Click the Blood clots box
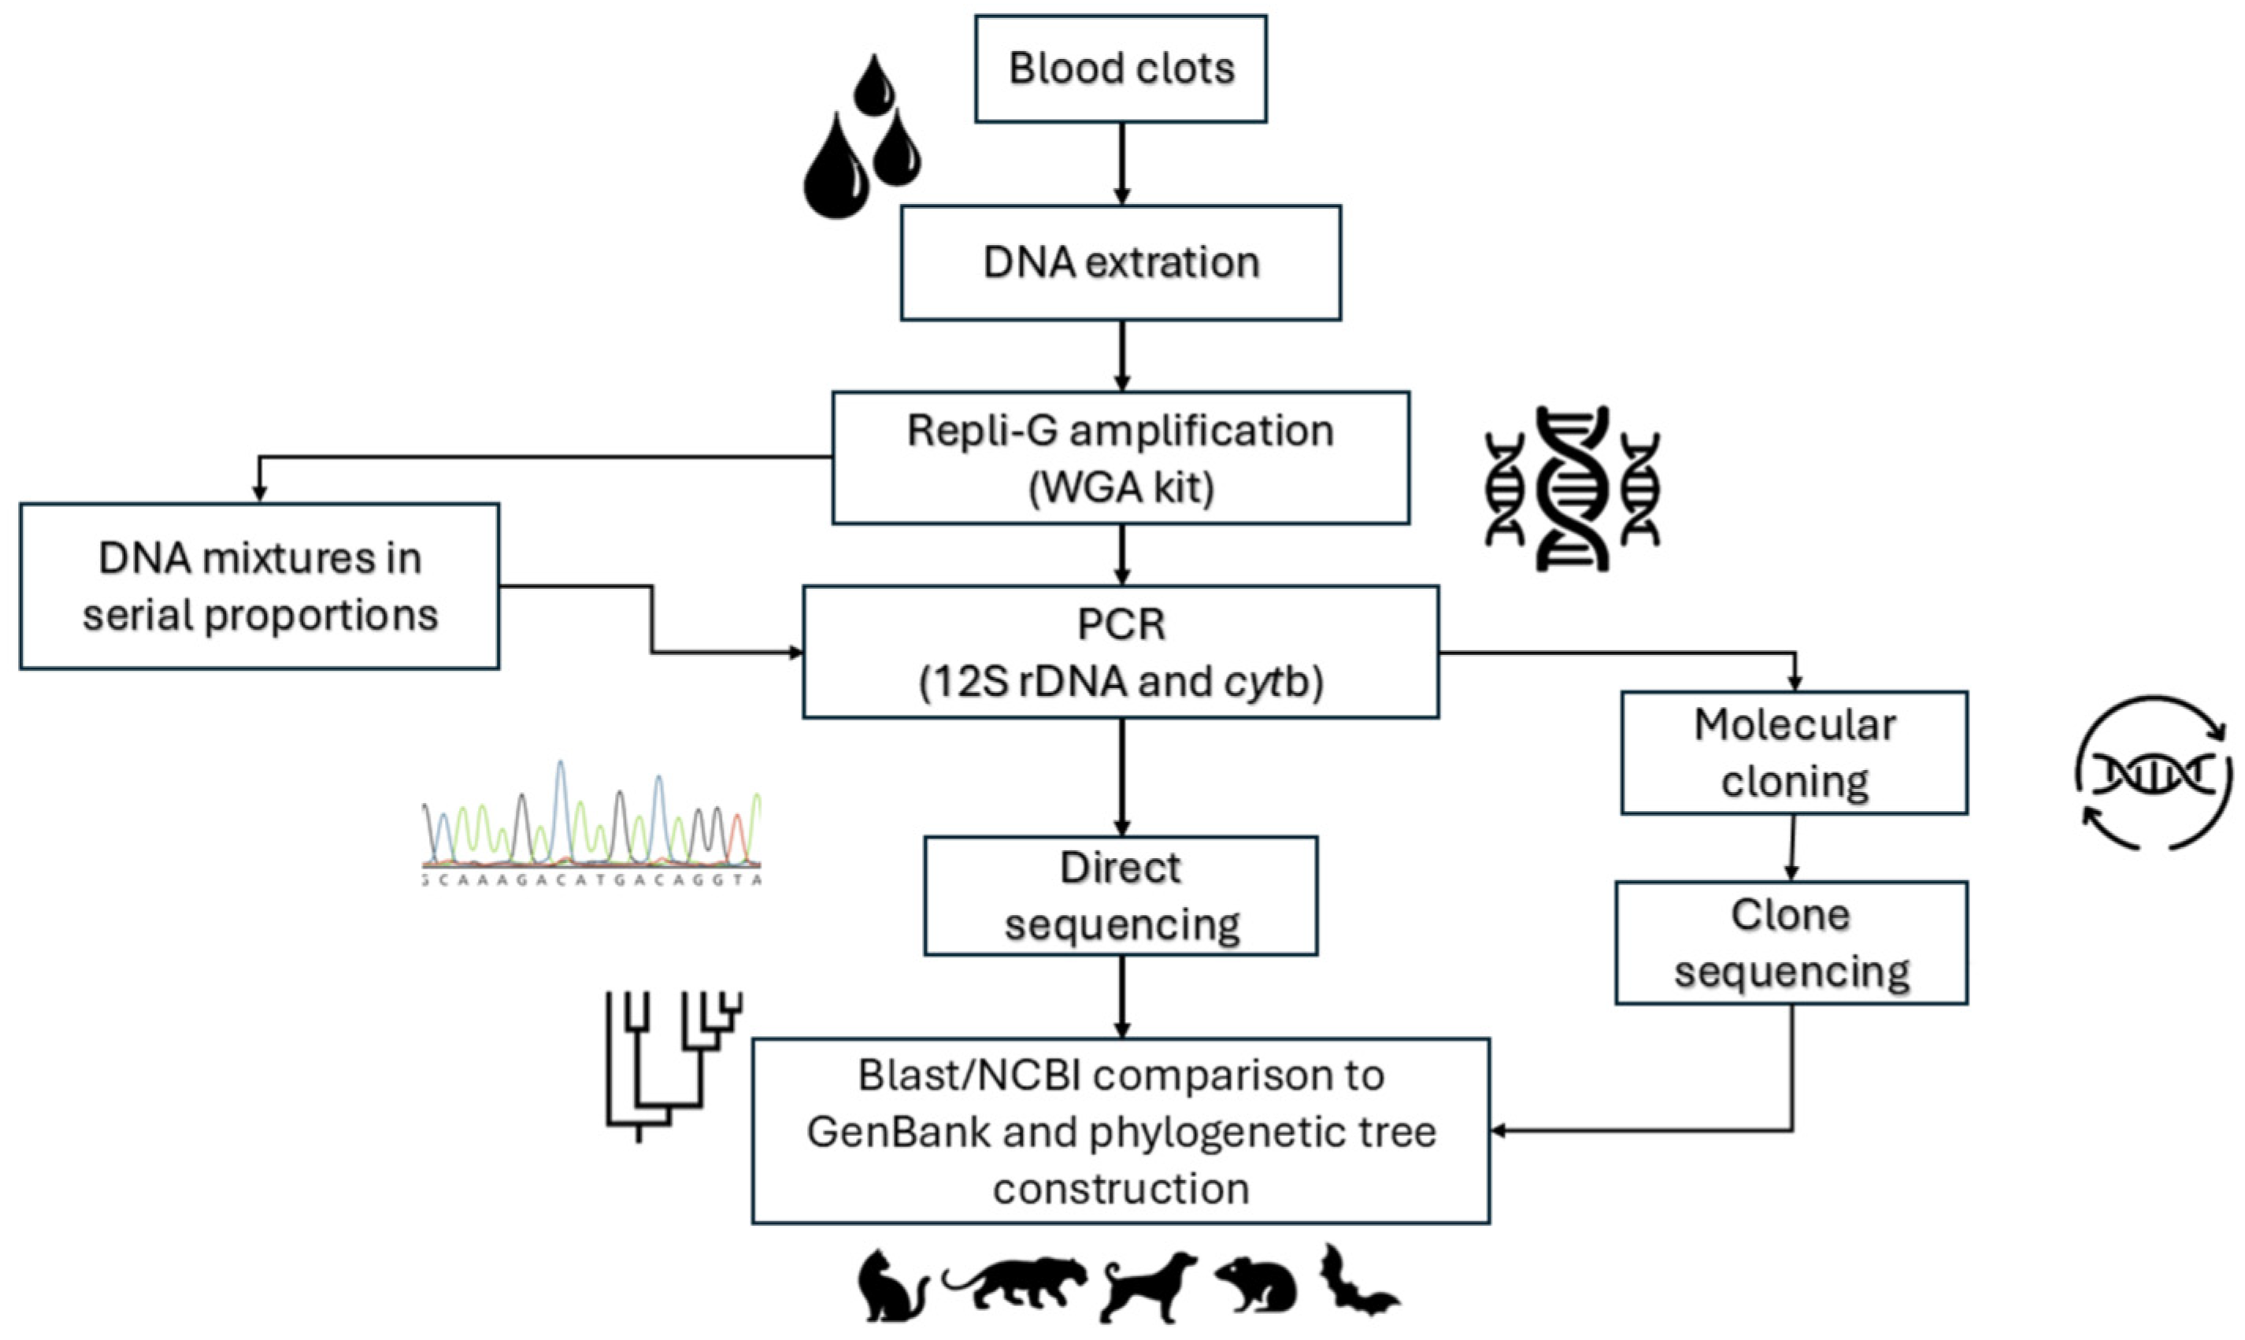1121,68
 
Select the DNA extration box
1121,263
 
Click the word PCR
1121,625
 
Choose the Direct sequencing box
1121,896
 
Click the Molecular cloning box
1794,753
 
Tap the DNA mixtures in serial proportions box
259,587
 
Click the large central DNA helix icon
1573,488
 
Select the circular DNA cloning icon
2154,773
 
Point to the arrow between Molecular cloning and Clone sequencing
1792,848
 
